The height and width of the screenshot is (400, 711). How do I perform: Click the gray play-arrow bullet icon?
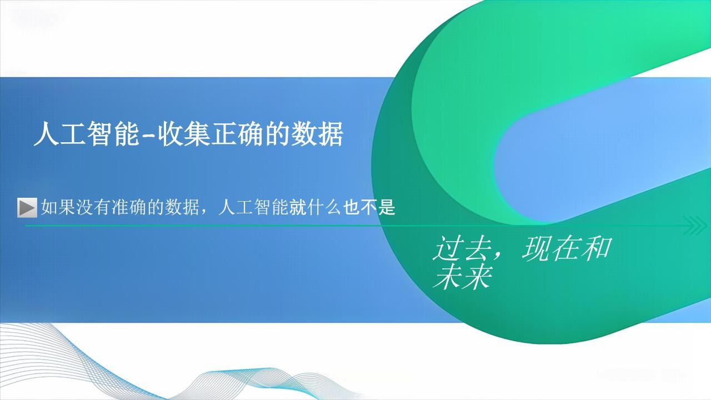click(27, 208)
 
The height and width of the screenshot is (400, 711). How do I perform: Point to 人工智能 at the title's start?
click(86, 134)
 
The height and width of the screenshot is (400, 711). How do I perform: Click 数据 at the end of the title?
click(317, 134)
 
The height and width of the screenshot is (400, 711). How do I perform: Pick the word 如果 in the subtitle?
click(58, 207)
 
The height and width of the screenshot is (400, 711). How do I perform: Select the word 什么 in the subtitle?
click(324, 207)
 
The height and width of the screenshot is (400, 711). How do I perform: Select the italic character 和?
click(597, 248)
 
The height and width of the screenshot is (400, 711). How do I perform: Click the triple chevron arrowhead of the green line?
click(694, 226)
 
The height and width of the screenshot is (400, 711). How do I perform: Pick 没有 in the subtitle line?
click(93, 207)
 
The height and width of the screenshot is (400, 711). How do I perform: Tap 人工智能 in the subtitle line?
click(253, 207)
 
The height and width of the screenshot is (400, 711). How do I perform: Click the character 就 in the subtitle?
click(298, 207)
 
